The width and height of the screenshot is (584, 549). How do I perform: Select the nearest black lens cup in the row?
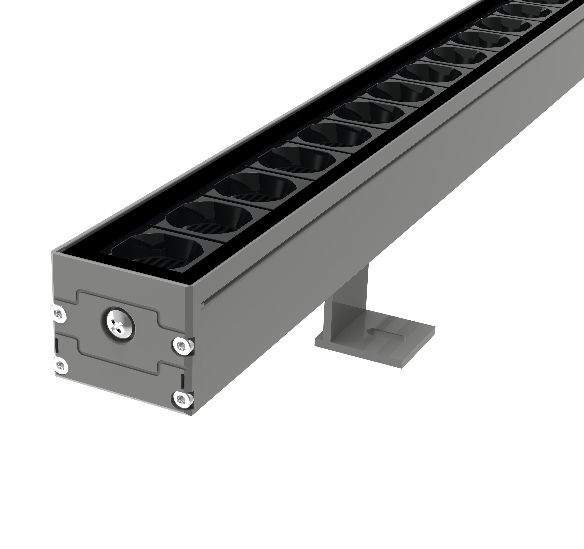point(157,247)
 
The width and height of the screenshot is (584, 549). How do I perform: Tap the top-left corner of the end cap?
point(53,252)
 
